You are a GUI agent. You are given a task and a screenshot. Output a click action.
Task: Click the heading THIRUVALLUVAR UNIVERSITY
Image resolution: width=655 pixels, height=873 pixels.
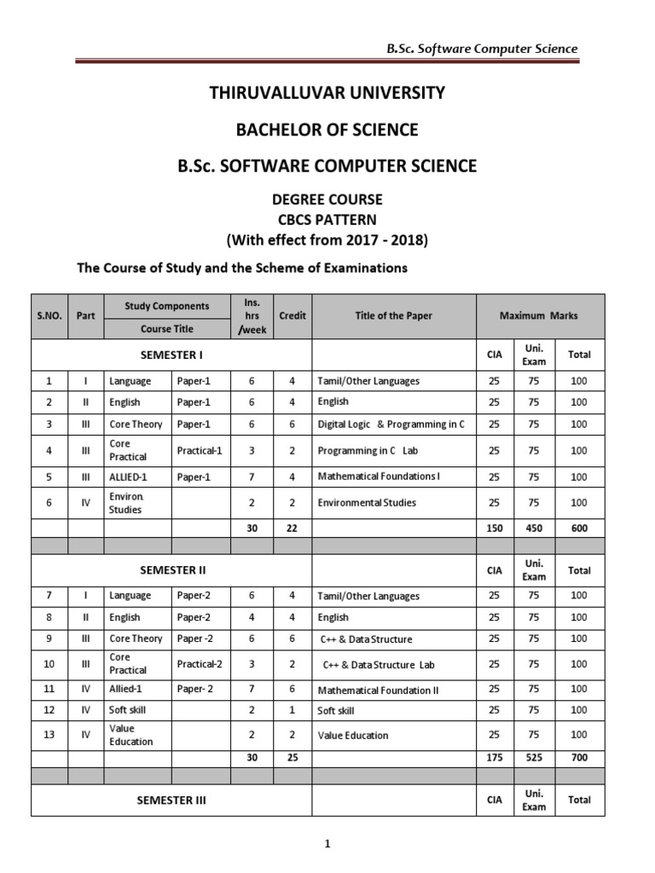pos(327,93)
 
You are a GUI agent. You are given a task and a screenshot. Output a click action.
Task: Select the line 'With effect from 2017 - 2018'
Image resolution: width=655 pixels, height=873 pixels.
pos(327,240)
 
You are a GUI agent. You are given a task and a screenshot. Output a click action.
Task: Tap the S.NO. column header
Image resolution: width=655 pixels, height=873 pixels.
pos(49,315)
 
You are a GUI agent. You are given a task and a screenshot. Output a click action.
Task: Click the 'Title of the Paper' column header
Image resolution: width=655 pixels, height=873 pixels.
pos(393,315)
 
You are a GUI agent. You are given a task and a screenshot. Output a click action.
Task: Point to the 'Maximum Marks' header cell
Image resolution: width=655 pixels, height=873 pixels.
pos(539,315)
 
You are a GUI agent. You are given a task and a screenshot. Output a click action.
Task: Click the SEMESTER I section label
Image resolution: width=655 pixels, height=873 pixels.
pos(171,354)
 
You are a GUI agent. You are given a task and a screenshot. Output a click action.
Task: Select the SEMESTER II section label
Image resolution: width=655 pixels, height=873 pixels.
pos(171,569)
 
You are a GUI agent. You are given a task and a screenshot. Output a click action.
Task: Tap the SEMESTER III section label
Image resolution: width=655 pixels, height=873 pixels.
pos(171,800)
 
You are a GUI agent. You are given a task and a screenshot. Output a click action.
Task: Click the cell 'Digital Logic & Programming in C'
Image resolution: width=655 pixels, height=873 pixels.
pos(391,424)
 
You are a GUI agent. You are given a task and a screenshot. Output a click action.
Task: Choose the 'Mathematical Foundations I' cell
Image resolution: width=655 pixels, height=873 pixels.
pos(379,477)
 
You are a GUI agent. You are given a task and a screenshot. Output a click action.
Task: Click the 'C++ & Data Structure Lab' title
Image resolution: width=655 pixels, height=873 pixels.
pos(379,664)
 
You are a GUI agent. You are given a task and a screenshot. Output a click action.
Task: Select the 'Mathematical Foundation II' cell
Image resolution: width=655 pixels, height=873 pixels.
pos(378,690)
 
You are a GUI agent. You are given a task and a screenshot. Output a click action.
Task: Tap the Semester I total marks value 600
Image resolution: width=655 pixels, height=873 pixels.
pos(579,528)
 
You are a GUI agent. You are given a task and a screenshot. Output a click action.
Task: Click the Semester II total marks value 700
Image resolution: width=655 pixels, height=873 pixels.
pos(579,756)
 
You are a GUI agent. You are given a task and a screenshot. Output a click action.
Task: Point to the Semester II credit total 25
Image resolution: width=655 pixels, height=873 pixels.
pos(292,756)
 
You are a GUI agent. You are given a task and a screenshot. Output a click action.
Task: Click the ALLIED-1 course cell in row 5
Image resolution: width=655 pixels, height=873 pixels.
pos(129,477)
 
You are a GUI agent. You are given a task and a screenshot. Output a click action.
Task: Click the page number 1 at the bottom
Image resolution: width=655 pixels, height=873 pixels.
pos(327,844)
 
